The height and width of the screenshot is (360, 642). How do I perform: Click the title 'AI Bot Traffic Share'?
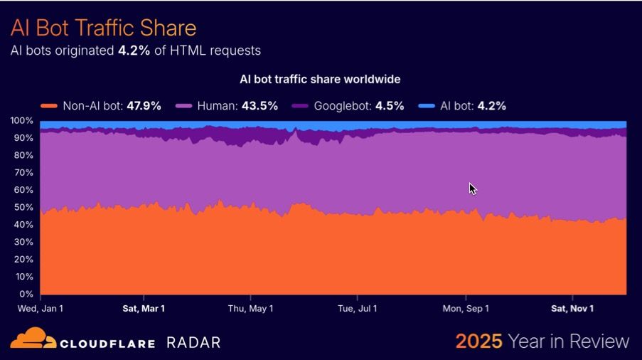tap(103, 28)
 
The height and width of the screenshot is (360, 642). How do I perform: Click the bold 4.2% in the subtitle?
tap(134, 51)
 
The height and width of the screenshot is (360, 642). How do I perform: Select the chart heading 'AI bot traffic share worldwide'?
tap(320, 79)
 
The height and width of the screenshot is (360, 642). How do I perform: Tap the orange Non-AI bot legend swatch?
tap(48, 106)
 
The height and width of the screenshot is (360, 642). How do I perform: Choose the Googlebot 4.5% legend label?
tap(359, 106)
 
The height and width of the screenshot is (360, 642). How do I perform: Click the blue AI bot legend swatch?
tap(427, 106)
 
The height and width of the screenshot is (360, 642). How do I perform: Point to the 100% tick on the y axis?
tap(22, 121)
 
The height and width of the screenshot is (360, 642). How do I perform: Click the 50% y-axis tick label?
tap(23, 208)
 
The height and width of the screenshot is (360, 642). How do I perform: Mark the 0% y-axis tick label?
tap(26, 294)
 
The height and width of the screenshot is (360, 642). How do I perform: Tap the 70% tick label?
tap(23, 173)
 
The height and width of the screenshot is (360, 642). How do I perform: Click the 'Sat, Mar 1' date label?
tap(144, 308)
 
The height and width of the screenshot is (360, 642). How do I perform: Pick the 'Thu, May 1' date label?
tap(250, 308)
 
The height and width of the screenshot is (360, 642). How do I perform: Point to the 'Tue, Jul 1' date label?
tap(358, 308)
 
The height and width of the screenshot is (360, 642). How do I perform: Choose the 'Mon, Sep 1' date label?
tap(466, 308)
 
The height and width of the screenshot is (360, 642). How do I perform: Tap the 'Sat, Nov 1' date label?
tap(572, 308)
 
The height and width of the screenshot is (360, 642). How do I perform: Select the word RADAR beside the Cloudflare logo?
tap(193, 342)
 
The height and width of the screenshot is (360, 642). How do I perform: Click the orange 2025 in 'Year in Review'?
tap(479, 342)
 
